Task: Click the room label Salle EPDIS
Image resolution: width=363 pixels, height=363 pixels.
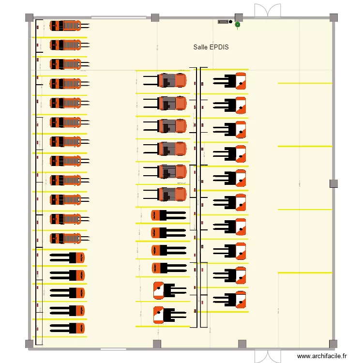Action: pos(211,47)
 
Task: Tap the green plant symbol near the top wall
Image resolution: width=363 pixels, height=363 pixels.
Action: pos(238,24)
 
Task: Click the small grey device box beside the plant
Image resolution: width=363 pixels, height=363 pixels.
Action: pos(223,22)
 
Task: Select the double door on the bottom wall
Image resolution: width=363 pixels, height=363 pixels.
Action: pos(268,355)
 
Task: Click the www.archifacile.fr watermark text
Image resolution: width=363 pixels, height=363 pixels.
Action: pos(322,356)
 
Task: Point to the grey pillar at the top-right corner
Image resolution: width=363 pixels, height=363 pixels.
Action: pos(334,17)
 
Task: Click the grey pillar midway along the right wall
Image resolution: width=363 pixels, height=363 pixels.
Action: pos(333,183)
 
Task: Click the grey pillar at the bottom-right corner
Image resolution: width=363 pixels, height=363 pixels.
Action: pos(333,344)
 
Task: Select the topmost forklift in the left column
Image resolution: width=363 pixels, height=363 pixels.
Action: pos(66,25)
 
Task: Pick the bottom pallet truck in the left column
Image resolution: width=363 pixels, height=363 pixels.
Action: pos(68,328)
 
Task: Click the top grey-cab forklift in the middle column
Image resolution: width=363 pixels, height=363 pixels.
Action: pos(172,80)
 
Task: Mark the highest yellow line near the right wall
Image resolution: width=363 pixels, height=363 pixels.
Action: pos(305,83)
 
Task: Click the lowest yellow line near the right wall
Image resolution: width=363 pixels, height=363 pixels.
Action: pos(305,273)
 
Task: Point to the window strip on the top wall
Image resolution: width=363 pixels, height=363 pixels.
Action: pos(119,18)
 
